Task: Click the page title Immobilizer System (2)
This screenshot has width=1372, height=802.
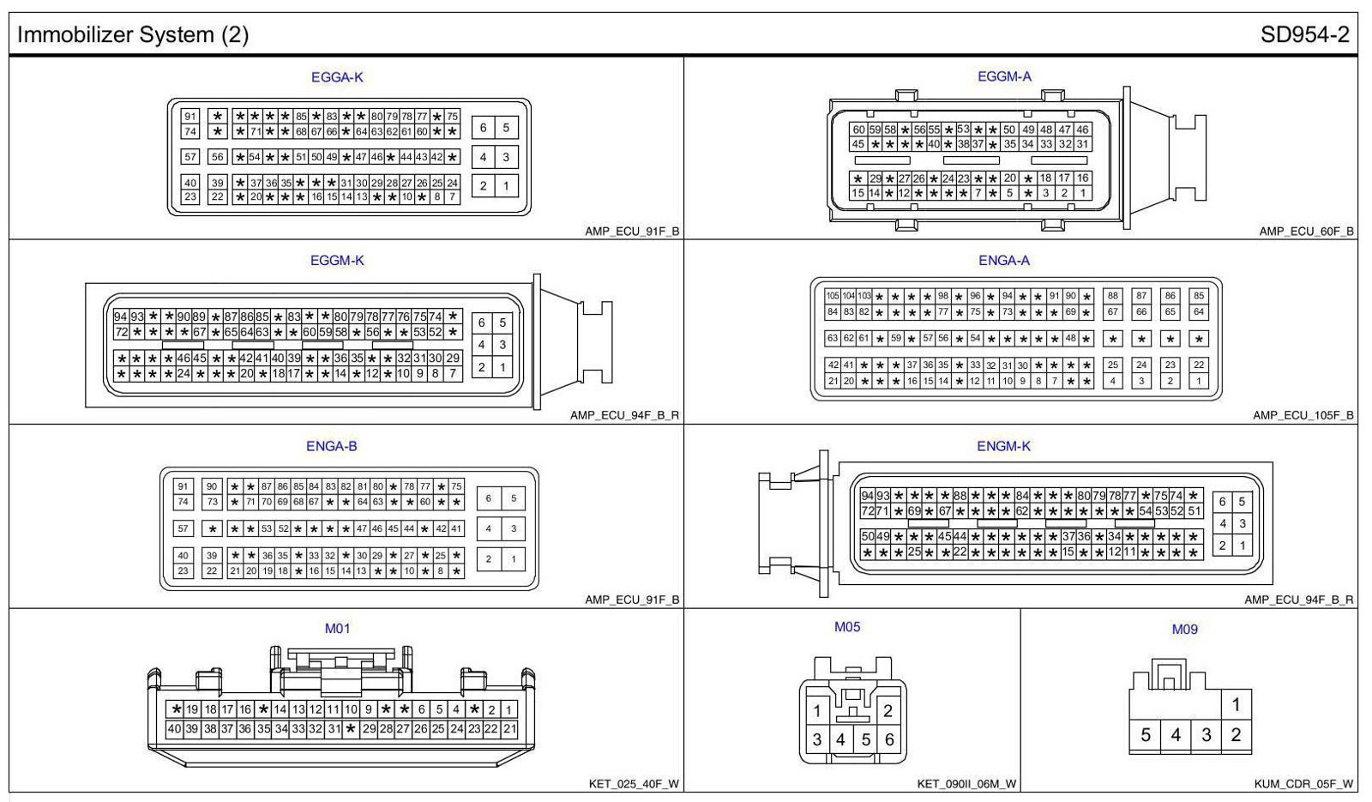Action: coord(133,35)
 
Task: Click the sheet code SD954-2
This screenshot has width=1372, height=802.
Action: coord(1304,35)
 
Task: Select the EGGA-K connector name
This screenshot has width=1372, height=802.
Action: coord(337,77)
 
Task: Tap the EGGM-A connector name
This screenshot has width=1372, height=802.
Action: coord(1004,76)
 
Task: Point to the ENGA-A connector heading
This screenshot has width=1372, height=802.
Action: coord(1004,261)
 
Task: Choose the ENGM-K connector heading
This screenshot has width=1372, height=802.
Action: coord(1003,446)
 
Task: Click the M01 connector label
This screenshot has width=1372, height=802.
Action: coord(337,629)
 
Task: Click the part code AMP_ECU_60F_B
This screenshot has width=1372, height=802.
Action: coord(1306,232)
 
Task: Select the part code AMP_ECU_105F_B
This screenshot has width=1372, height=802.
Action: coord(1303,416)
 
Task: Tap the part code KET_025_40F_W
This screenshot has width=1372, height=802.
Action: coord(634,784)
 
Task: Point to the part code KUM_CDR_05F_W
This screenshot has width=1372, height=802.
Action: coord(1303,784)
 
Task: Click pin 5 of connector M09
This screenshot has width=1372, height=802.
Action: coord(1146,735)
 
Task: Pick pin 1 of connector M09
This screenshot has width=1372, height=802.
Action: coord(1236,705)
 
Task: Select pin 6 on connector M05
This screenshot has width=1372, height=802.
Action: coord(888,739)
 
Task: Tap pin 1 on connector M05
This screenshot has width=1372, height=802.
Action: coord(817,710)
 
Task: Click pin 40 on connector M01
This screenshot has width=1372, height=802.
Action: coord(174,729)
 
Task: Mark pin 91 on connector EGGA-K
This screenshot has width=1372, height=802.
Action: coord(190,117)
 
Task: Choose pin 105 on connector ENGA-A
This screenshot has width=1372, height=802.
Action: coord(832,296)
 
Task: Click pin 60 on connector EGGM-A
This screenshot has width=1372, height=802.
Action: coord(858,130)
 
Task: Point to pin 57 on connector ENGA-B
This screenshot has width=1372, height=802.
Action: coord(183,529)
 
